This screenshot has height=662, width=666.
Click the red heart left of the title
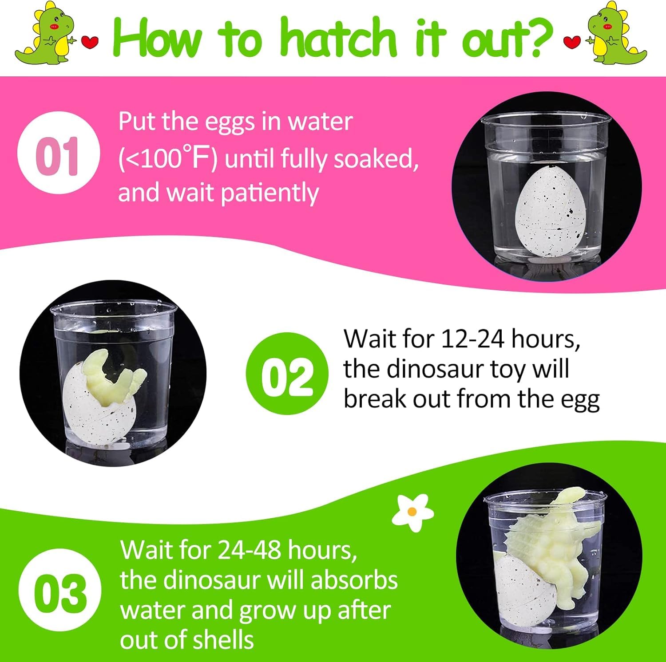pos(91,43)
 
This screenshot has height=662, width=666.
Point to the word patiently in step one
pos(270,193)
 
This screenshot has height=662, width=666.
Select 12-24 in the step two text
pos(473,339)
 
